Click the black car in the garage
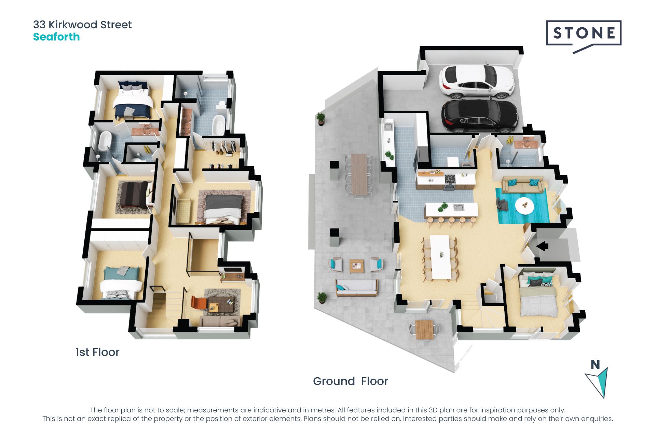point(479,116)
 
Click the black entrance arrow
point(542,246)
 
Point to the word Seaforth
point(56,37)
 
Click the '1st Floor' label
point(97,352)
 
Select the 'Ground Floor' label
point(351,381)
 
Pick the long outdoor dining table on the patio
point(359,174)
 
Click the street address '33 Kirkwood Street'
point(82,25)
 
